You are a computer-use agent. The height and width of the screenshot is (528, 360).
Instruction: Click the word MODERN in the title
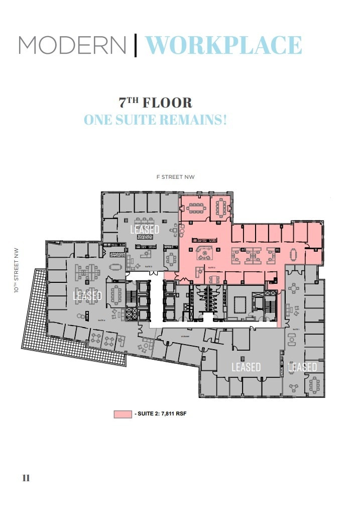[72, 45]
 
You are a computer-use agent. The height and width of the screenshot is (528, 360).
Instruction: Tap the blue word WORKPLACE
[223, 45]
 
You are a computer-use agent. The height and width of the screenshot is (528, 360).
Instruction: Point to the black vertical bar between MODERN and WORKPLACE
[136, 45]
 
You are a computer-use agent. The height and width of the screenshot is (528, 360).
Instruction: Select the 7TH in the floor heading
[129, 102]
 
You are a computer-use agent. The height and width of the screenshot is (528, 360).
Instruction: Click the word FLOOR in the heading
[167, 103]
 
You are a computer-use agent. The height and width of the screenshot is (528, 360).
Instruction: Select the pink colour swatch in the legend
[123, 414]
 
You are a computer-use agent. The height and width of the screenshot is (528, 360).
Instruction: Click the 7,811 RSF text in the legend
[175, 414]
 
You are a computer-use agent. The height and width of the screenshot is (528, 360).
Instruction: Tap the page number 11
[26, 478]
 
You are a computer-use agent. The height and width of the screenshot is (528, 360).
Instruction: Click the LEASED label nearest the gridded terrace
[87, 296]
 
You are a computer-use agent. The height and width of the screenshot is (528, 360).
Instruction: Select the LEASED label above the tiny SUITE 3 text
[145, 230]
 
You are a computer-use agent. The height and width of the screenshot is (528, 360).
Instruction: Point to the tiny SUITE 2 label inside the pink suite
[211, 268]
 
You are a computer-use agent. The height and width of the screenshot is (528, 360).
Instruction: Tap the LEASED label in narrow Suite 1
[302, 367]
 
